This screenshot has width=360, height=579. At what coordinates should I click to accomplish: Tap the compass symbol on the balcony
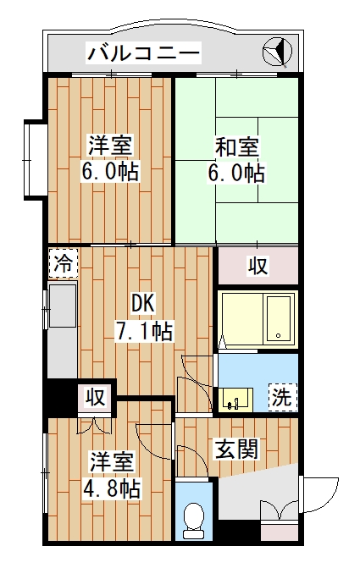(x=277, y=52)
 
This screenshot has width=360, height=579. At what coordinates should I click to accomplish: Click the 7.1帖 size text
(x=144, y=329)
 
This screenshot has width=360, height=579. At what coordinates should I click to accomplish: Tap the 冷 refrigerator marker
(x=62, y=263)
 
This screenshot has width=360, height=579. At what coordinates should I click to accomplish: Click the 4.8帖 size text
(x=112, y=488)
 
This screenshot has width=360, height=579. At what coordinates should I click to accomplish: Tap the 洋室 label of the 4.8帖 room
(x=112, y=463)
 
